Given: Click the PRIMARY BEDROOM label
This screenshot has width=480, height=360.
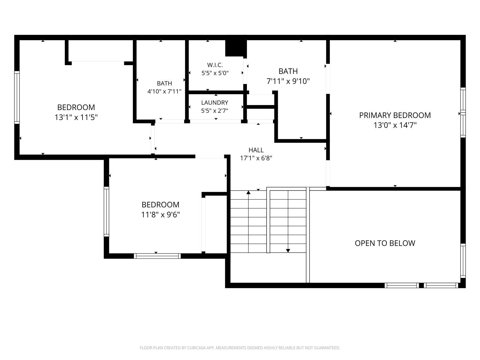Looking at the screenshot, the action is [x=395, y=115].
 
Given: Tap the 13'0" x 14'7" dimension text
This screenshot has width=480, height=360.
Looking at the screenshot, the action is [x=395, y=125].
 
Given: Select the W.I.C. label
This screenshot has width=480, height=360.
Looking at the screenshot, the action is [x=215, y=65].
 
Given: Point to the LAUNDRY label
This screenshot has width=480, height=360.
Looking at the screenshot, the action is [x=214, y=103].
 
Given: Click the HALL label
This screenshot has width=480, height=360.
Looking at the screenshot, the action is [x=256, y=150].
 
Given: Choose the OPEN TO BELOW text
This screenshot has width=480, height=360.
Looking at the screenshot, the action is [x=385, y=243].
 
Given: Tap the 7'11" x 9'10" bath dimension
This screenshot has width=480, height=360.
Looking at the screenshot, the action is [x=288, y=81].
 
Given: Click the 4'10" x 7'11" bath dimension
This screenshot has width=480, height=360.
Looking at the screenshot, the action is [x=164, y=91].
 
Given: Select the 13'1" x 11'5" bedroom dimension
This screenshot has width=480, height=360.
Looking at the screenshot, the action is [x=76, y=117].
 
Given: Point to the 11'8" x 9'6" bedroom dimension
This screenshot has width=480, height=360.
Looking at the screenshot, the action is [x=160, y=214].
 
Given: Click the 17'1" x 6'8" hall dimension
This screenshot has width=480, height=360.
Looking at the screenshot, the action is [x=256, y=158].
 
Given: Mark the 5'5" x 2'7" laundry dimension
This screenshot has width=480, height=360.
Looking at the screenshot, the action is [x=214, y=111].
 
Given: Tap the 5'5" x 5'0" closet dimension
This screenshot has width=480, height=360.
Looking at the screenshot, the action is [x=215, y=73].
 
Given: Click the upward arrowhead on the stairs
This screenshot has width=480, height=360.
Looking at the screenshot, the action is [x=248, y=192].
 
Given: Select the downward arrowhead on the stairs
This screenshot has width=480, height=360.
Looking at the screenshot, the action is [x=288, y=251].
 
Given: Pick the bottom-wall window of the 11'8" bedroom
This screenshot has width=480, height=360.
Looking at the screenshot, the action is [x=157, y=256].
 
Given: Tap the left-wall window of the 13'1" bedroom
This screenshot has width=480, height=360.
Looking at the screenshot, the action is [x=17, y=97].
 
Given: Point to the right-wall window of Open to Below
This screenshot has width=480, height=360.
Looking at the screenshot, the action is [x=463, y=261].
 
